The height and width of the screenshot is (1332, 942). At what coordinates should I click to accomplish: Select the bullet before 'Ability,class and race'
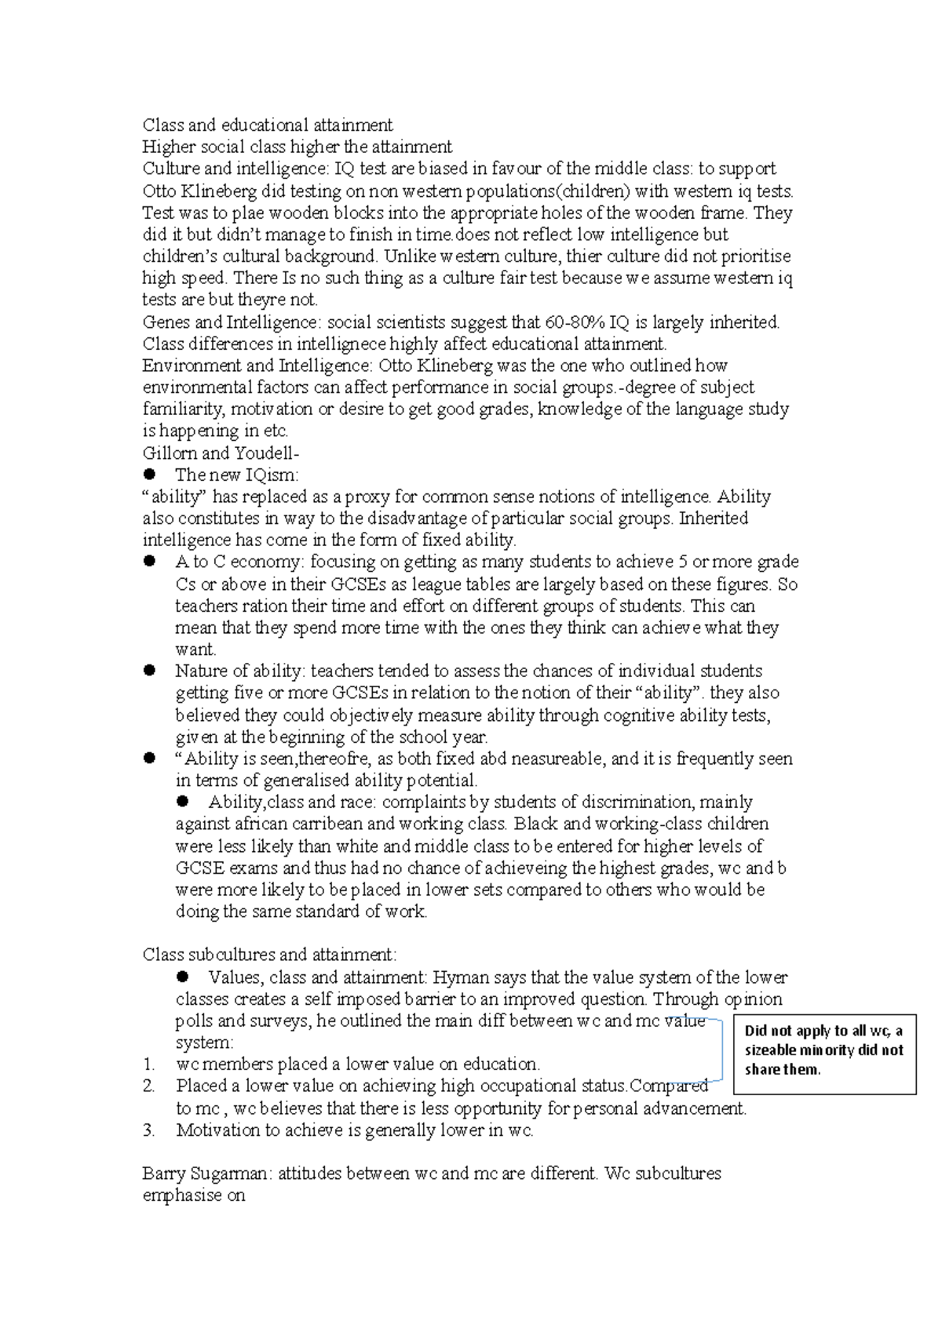coord(183,801)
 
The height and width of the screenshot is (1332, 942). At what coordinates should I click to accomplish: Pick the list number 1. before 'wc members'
coord(149,1065)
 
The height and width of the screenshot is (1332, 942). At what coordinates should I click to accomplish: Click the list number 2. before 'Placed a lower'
coord(149,1086)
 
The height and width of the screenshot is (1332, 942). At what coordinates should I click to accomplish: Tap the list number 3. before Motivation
coord(149,1130)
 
